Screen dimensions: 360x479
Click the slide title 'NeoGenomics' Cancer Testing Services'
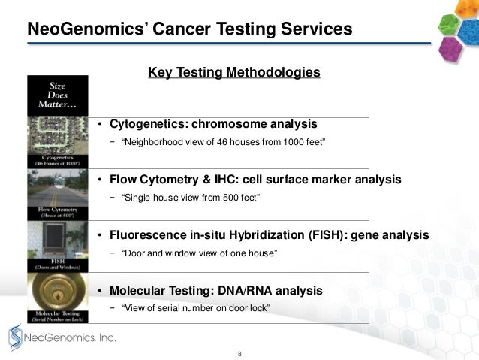(189, 29)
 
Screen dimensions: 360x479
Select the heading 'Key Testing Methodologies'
(234, 72)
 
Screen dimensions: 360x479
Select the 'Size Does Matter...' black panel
(57, 95)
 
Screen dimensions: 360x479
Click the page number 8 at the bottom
(239, 352)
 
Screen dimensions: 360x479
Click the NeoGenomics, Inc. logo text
(71, 338)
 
